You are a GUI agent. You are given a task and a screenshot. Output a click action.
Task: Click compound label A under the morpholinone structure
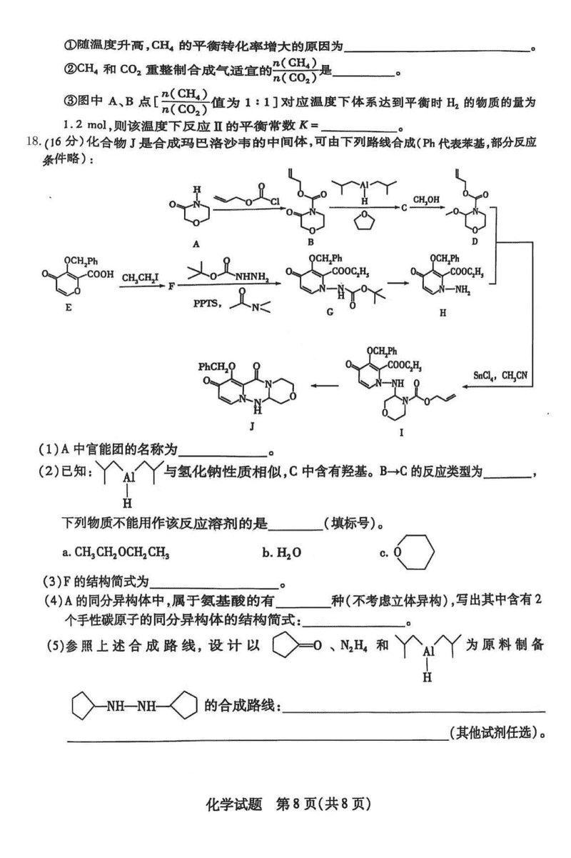coord(196,244)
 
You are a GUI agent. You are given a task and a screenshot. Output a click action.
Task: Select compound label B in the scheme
coord(311,243)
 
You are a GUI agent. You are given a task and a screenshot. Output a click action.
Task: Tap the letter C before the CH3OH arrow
coord(404,208)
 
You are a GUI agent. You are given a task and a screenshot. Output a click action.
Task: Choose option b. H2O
coord(274,552)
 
